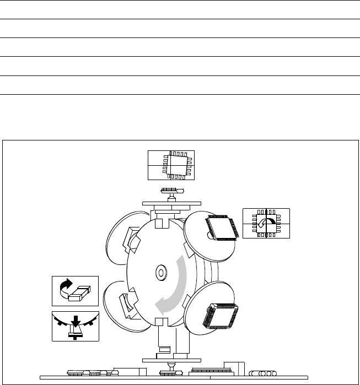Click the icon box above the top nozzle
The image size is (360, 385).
171,164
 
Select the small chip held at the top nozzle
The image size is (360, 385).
171,191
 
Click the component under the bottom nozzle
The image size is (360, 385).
168,373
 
